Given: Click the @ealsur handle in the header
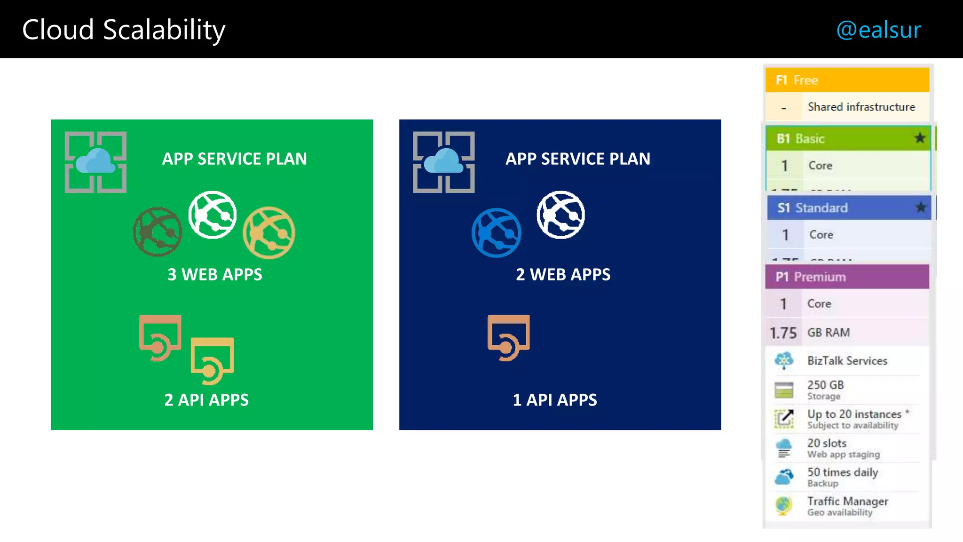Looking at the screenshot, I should pos(878,30).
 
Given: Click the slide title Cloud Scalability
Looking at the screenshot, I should pos(124,30).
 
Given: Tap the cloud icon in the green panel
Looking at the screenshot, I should pos(95,161).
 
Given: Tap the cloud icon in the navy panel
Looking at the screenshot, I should pos(443,161).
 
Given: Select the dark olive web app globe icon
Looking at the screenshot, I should pos(158,232).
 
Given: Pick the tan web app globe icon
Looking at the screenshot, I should pos(269,232).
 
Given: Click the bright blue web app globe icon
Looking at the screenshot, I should pos(497,233).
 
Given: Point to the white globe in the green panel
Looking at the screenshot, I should pos(213,215).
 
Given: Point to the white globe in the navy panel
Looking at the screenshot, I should pos(561,215).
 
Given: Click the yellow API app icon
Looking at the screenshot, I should pos(212,360).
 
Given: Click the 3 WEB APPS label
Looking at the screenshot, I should pos(215,274).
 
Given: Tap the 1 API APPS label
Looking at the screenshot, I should pos(555,400).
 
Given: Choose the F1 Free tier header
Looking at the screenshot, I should pos(847,80).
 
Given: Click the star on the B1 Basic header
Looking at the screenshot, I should pos(920,138).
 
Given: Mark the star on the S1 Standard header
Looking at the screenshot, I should pos(921,207).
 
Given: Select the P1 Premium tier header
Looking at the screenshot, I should pos(847,277).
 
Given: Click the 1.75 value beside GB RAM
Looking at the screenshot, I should pos(783,333).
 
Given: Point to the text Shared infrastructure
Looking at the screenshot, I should pos(861,107).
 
